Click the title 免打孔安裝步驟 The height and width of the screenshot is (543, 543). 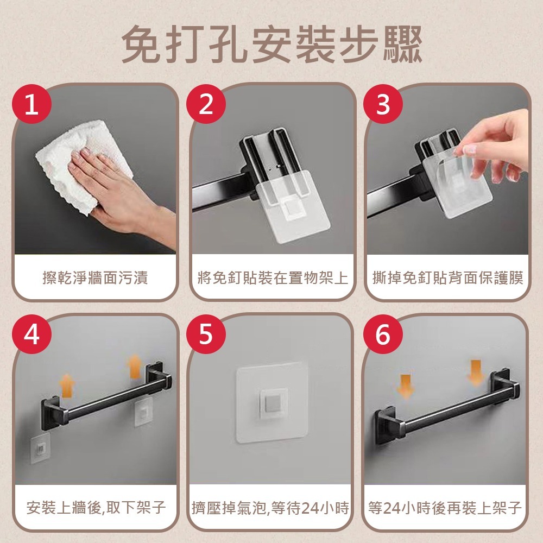pyautogui.click(x=271, y=43)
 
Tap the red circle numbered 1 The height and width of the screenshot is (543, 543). pyautogui.click(x=32, y=105)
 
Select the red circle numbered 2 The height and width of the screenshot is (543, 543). pyautogui.click(x=206, y=105)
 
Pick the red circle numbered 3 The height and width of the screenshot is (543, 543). pyautogui.click(x=383, y=105)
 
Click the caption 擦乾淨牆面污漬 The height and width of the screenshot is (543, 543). pyautogui.click(x=95, y=279)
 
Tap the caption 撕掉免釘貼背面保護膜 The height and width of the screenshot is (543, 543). pyautogui.click(x=448, y=279)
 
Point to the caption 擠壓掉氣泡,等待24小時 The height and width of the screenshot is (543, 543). pyautogui.click(x=270, y=508)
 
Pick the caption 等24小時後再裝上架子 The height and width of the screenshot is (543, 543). pyautogui.click(x=445, y=508)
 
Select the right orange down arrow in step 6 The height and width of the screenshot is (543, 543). pyautogui.click(x=476, y=372)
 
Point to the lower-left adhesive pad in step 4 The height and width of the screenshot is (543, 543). pyautogui.click(x=40, y=449)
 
